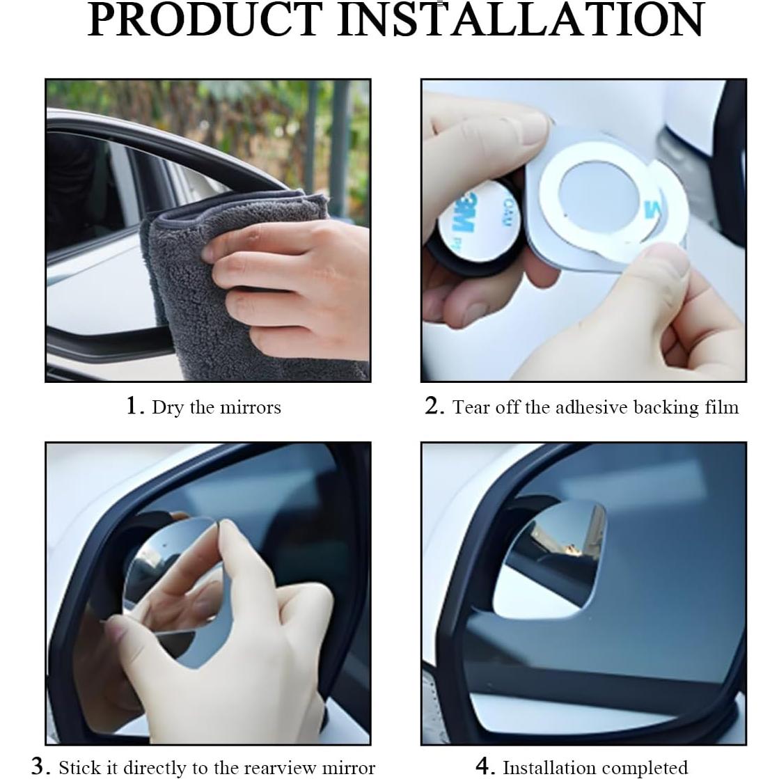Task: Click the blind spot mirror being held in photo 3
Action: coord(174,581)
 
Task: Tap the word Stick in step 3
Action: coord(81,768)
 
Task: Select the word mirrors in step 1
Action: coord(251,408)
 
